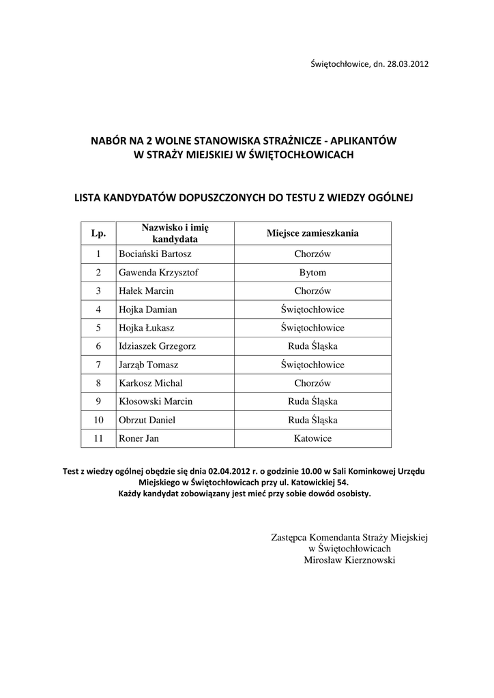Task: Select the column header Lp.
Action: click(x=98, y=233)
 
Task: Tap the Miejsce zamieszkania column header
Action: click(x=313, y=233)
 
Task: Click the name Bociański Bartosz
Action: click(x=155, y=254)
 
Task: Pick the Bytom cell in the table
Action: click(x=313, y=273)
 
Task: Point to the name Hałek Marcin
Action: click(x=146, y=291)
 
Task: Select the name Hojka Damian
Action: click(x=148, y=309)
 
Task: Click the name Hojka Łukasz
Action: click(x=147, y=328)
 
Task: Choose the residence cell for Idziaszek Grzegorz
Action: click(x=313, y=346)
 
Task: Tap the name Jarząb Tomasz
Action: click(x=149, y=365)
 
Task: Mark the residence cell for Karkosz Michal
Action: click(x=313, y=383)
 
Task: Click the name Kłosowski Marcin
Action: click(x=156, y=401)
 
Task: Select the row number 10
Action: click(x=98, y=420)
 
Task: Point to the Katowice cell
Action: click(x=313, y=438)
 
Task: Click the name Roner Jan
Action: click(x=139, y=438)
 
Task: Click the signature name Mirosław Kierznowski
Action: click(x=349, y=560)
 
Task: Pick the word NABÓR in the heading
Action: click(x=108, y=140)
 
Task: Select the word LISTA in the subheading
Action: click(x=87, y=198)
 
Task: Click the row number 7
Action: click(x=98, y=365)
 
